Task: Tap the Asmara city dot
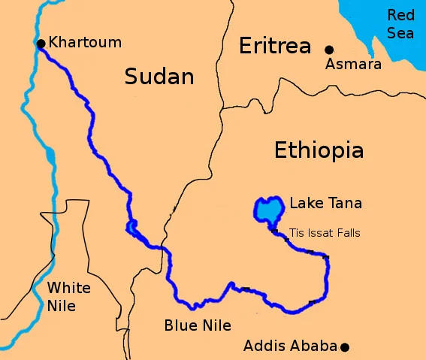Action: (328, 50)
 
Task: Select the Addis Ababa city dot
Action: (344, 346)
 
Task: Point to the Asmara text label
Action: (353, 65)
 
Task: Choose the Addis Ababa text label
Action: (290, 346)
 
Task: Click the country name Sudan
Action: (159, 76)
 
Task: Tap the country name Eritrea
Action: (274, 47)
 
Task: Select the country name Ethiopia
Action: (319, 150)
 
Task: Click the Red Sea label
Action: (400, 24)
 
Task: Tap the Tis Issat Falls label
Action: (324, 233)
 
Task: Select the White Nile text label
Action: (68, 297)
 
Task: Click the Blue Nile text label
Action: (198, 325)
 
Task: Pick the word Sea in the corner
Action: (400, 33)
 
